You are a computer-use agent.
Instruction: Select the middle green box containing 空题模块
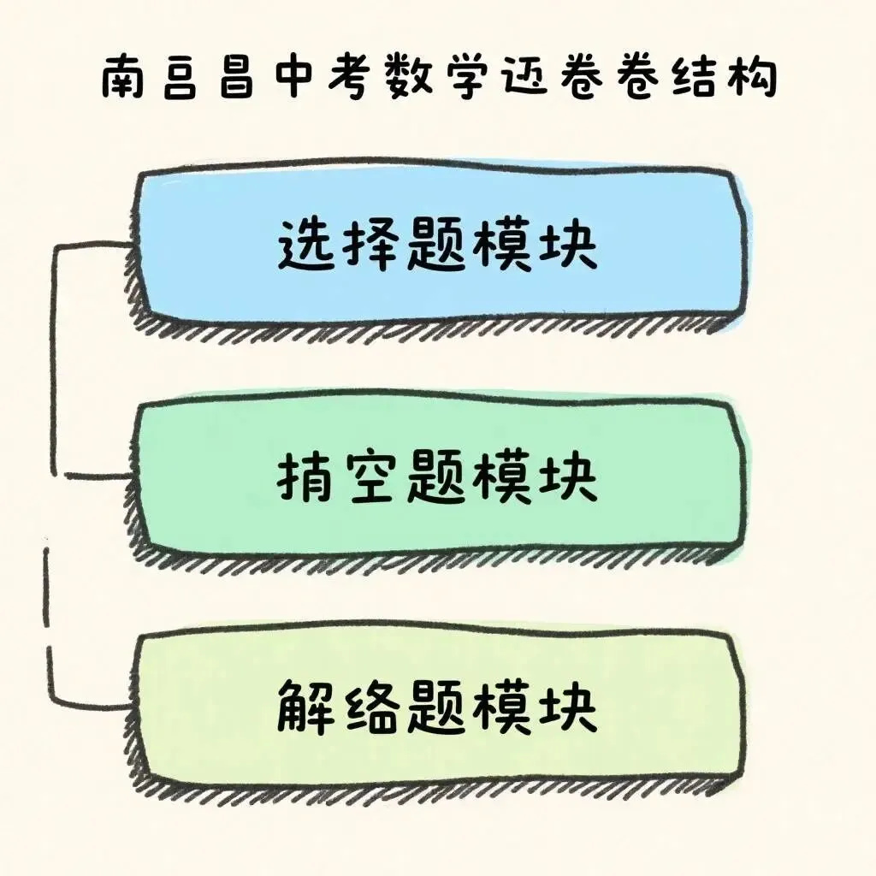(x=438, y=475)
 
